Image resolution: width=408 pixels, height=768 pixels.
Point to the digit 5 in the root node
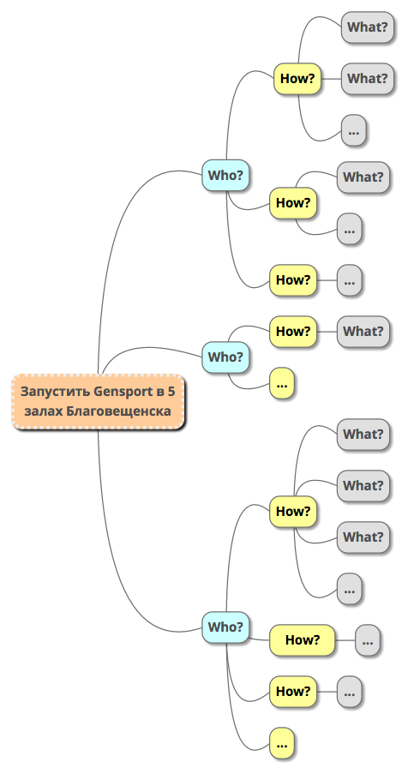pos(171,392)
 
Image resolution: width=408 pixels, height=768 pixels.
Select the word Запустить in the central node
pos(56,392)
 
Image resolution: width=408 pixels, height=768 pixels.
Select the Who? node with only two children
pos(225,357)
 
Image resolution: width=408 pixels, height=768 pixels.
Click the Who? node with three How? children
pos(225,175)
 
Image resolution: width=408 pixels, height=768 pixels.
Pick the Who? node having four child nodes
pos(225,627)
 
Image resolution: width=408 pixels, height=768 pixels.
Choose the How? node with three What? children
pos(293,512)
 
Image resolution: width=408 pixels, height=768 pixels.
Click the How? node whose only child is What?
pos(293,331)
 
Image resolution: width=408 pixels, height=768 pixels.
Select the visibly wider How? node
pos(303,639)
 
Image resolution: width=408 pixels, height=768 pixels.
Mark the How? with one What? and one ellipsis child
pos(293,202)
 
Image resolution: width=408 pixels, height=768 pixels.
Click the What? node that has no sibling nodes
pos(363,331)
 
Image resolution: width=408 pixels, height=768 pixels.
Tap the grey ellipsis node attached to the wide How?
pos(368,639)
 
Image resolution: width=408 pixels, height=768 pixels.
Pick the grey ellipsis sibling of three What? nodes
pos(349,589)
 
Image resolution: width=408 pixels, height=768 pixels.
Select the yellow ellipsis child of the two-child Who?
pos(282,383)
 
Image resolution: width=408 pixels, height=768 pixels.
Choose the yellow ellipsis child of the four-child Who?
pos(282,742)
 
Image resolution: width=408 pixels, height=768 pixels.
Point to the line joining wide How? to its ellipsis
pos(345,639)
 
